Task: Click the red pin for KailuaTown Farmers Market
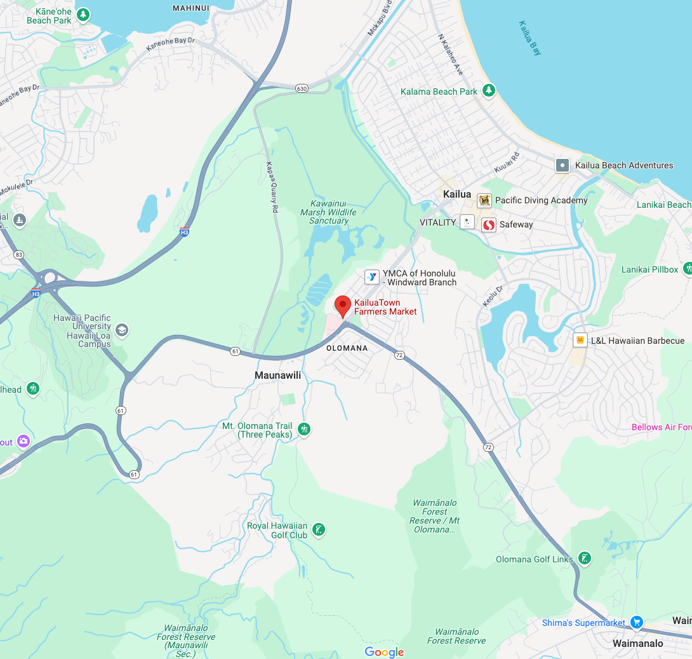343,306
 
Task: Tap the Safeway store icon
488,225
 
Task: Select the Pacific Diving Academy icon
484,201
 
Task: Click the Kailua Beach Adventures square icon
562,166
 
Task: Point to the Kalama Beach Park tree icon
488,91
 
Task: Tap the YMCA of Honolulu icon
371,277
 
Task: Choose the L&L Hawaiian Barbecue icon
580,340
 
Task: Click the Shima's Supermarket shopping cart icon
637,622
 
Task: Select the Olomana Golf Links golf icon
585,559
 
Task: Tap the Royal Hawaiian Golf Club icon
319,529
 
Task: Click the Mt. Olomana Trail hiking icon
304,429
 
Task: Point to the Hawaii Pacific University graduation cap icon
121,330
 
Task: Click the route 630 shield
302,88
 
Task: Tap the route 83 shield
19,254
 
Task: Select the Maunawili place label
277,376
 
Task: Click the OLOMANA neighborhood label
347,348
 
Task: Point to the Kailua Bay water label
530,38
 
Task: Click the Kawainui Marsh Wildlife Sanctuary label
329,208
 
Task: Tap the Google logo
384,652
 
